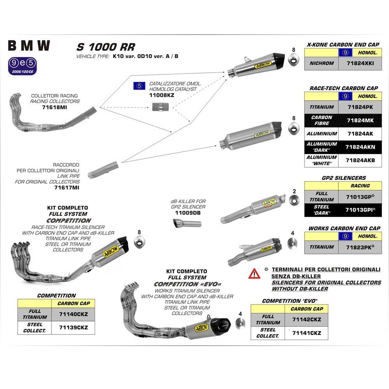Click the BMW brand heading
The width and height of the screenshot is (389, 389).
click(29, 46)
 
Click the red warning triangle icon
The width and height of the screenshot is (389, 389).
click(254, 273)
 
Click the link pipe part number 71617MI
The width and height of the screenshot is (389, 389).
click(67, 187)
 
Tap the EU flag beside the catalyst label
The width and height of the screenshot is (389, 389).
click(138, 86)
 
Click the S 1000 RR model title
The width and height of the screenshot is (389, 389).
click(105, 47)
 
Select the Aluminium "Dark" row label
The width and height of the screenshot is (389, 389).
click(321, 147)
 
